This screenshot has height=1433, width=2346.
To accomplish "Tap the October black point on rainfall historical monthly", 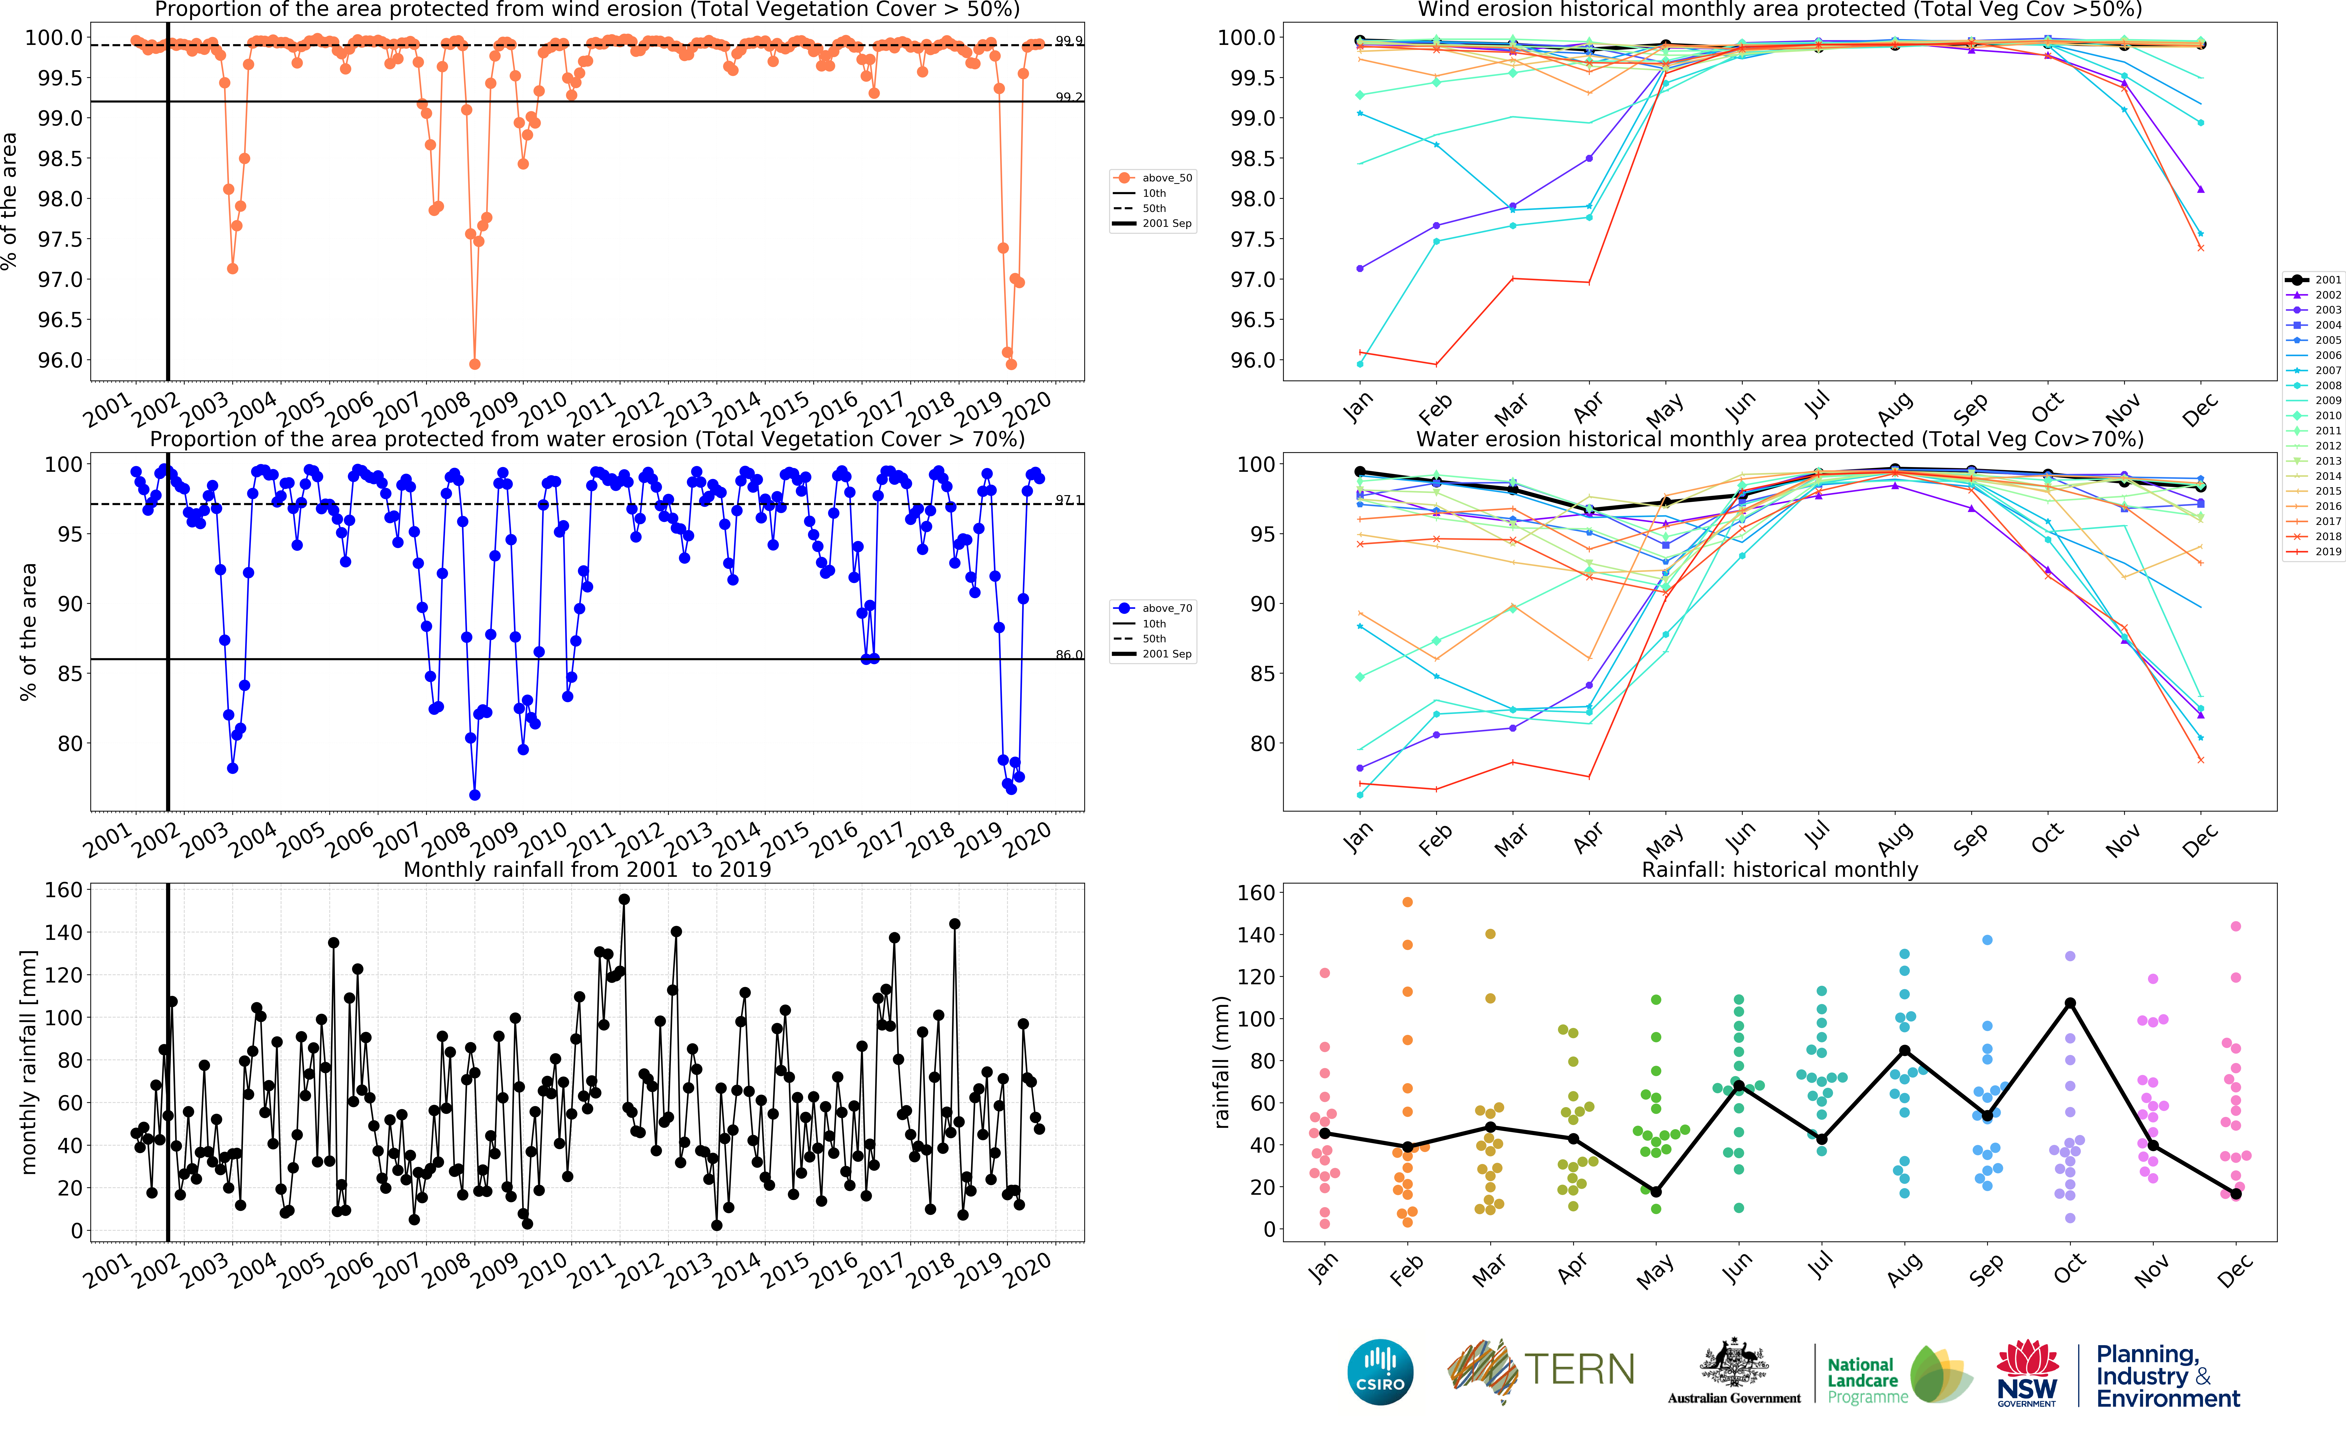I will [2070, 1003].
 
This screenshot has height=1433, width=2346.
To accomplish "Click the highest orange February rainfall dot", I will [1407, 902].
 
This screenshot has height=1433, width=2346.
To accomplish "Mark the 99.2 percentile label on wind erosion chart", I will [1068, 97].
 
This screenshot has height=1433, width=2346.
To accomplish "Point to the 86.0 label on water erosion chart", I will [1068, 655].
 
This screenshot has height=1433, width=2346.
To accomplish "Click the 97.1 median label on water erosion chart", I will [1068, 500].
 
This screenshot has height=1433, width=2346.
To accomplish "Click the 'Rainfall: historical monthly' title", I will [1779, 869].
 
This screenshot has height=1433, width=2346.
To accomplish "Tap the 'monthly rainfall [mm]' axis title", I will [29, 1062].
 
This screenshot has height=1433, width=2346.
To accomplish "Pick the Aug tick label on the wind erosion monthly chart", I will [1895, 408].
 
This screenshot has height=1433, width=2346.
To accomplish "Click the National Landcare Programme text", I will [1866, 1381].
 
